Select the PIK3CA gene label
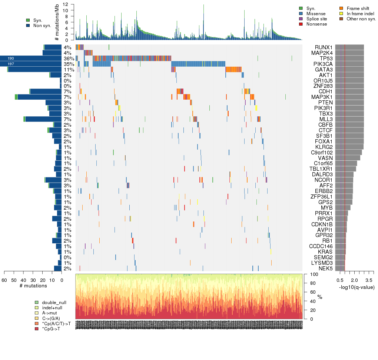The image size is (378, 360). click(x=324, y=64)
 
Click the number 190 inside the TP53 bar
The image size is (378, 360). click(x=10, y=58)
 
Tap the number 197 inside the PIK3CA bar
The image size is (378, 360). click(x=10, y=64)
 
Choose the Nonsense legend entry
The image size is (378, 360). click(x=301, y=24)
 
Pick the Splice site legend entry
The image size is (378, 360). click(x=301, y=19)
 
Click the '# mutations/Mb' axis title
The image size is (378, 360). click(x=57, y=22)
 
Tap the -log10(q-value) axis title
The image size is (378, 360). click(x=357, y=287)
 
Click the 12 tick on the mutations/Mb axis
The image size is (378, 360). click(x=65, y=4)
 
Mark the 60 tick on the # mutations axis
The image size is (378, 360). click(x=4, y=280)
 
